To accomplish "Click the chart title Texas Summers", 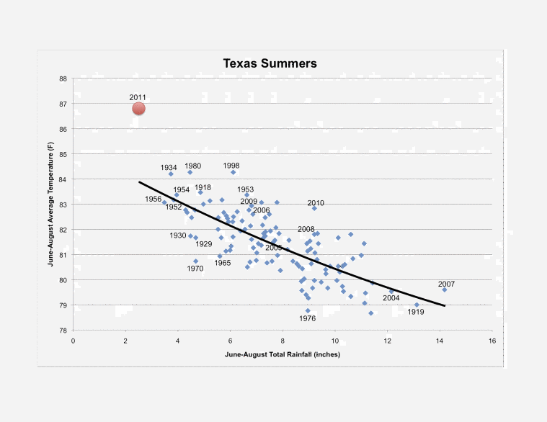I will pos(270,63).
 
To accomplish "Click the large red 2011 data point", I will pos(138,109).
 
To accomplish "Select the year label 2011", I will pos(138,96).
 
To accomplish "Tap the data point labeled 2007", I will pos(445,289).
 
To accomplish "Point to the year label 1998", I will pos(231,165).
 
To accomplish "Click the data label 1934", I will pos(169,167).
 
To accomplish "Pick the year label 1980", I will pos(192,166).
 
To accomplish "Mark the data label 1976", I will pos(308,318).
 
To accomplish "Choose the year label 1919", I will pos(416,312).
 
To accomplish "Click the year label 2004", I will pos(391,298).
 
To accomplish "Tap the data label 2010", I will pos(316,203).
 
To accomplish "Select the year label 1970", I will pos(195,269).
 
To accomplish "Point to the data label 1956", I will pos(153,199).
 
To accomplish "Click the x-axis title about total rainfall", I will pos(282,355).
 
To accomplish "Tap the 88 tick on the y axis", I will pos(63,78).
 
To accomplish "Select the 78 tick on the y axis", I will pos(63,331).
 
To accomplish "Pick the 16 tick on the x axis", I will pos(492,340).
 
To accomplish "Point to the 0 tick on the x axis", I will pos(73,340).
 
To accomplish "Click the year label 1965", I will pos(223,263).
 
